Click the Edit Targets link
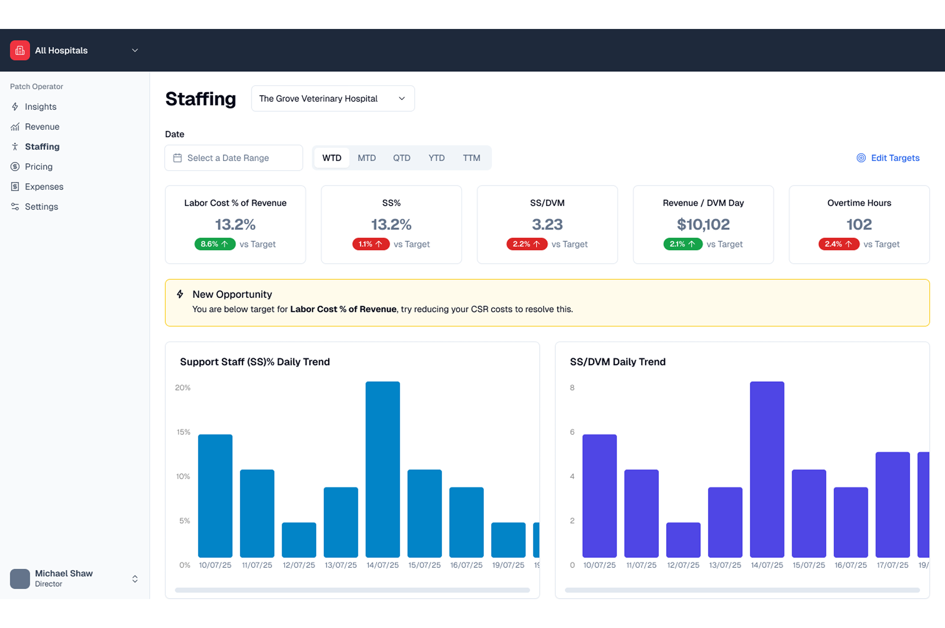pyautogui.click(x=888, y=158)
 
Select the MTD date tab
pyautogui.click(x=367, y=158)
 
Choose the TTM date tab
pyautogui.click(x=471, y=158)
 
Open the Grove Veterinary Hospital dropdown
pyautogui.click(x=333, y=99)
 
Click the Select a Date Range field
pyautogui.click(x=234, y=158)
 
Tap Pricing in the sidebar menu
pyautogui.click(x=38, y=167)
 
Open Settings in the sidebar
pyautogui.click(x=41, y=206)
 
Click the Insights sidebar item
pyautogui.click(x=40, y=107)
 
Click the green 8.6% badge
pyautogui.click(x=215, y=244)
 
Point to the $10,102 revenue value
pyautogui.click(x=703, y=224)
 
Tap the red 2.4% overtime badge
pyautogui.click(x=838, y=244)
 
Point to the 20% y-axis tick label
pyautogui.click(x=183, y=388)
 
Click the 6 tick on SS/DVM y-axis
pyautogui.click(x=572, y=432)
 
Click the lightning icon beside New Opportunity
pyautogui.click(x=180, y=295)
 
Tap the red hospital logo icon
pyautogui.click(x=20, y=50)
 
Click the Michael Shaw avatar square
pyautogui.click(x=20, y=578)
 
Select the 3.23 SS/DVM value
pyautogui.click(x=547, y=224)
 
